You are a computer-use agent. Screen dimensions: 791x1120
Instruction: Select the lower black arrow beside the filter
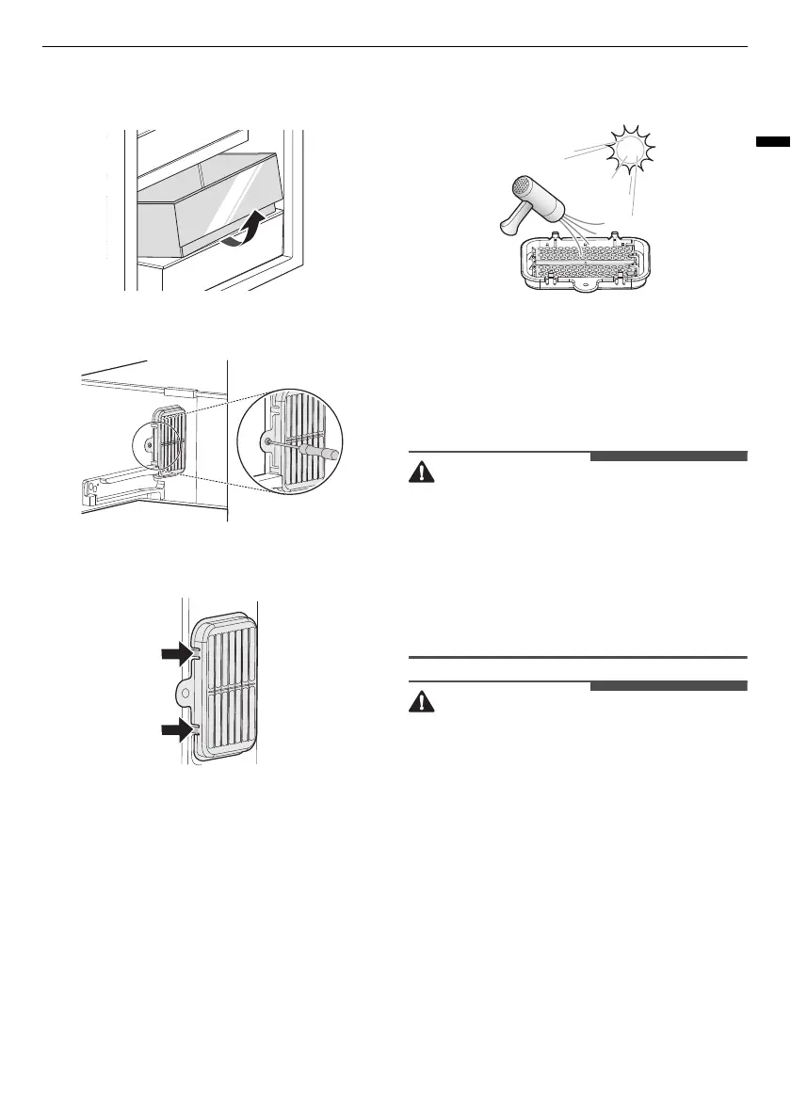(x=178, y=728)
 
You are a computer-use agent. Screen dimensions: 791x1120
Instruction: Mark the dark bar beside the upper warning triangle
(x=669, y=458)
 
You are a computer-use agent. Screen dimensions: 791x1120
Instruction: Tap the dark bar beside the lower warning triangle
(x=669, y=685)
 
